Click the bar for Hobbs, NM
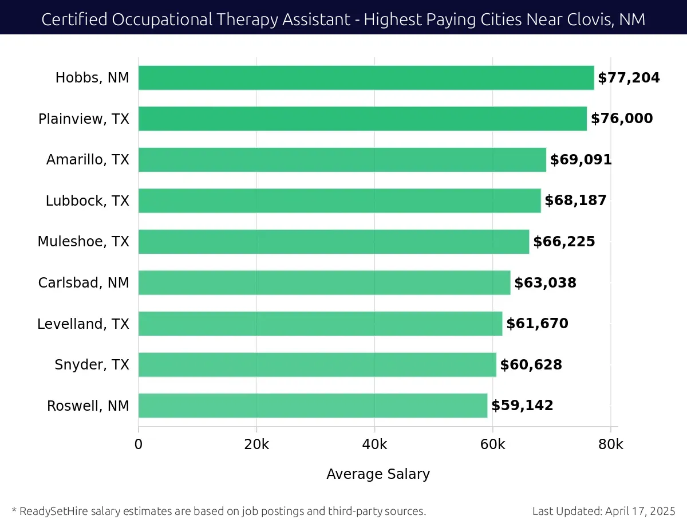[x=366, y=78]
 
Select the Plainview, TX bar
[x=362, y=119]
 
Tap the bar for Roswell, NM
[x=313, y=406]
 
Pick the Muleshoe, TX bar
[x=334, y=242]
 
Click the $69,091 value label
[x=581, y=160]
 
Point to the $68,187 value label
[x=575, y=200]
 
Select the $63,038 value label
[x=545, y=283]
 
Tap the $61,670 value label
[x=537, y=324]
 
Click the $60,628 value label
[x=531, y=365]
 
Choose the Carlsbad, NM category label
[x=84, y=283]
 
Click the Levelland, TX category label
[x=83, y=324]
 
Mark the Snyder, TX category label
[x=92, y=365]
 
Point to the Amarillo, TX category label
[x=88, y=160]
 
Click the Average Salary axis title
[x=378, y=474]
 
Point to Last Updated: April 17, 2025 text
[x=603, y=511]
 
